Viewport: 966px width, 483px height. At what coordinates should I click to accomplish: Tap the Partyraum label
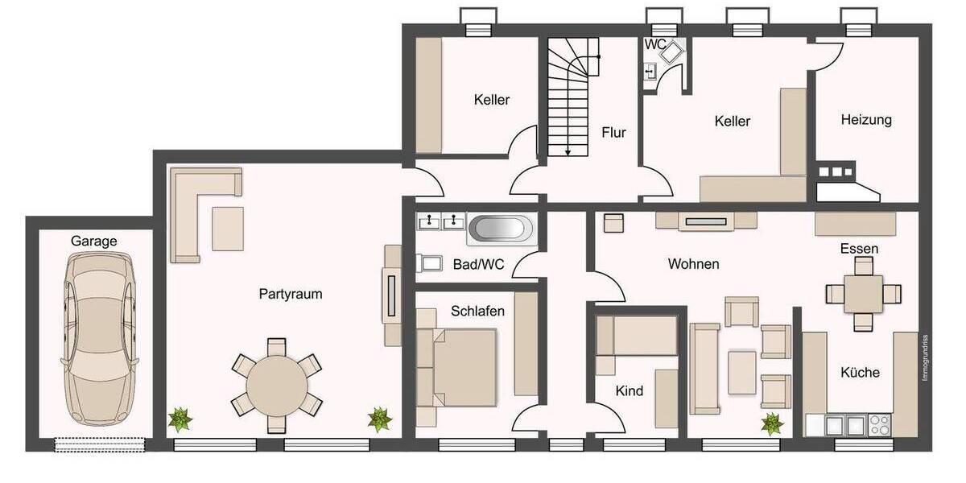290,294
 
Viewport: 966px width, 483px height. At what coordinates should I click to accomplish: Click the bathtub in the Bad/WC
500,228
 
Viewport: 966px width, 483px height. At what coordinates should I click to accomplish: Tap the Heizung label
866,120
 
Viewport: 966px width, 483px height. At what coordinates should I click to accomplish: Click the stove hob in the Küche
877,423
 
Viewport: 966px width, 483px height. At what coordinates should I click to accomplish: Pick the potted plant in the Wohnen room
772,423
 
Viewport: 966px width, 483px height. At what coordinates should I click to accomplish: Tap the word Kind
630,391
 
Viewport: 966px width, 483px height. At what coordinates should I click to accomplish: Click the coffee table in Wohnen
741,372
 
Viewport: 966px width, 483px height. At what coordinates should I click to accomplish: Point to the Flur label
613,133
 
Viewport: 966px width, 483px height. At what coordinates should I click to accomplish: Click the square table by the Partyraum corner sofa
228,229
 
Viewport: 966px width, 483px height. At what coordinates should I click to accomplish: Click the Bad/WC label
478,263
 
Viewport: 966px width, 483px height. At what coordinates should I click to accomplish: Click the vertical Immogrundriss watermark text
926,358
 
